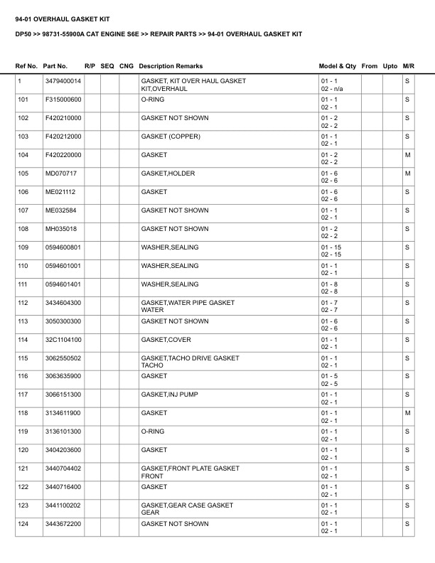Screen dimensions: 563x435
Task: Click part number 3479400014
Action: point(63,81)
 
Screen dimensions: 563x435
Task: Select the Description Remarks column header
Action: point(171,66)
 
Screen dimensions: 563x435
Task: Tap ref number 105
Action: point(23,173)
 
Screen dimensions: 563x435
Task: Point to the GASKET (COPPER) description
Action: point(171,136)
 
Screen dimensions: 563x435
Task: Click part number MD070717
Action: point(60,173)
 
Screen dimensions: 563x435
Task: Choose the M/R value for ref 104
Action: point(407,155)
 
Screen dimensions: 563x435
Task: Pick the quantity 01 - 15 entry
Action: point(331,247)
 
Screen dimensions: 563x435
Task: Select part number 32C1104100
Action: point(63,340)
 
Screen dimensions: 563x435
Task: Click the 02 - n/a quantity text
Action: point(332,89)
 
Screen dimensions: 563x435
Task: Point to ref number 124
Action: point(23,524)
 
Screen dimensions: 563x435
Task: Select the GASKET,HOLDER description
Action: point(168,173)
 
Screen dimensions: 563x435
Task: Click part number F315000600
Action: point(63,100)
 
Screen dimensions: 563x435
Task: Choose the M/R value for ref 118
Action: point(407,413)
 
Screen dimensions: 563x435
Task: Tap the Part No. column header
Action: point(55,66)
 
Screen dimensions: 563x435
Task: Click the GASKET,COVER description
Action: point(166,340)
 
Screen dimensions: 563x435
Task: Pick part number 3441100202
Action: point(63,505)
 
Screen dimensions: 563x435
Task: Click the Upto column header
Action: point(390,66)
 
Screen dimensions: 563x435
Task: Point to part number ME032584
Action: point(60,210)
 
